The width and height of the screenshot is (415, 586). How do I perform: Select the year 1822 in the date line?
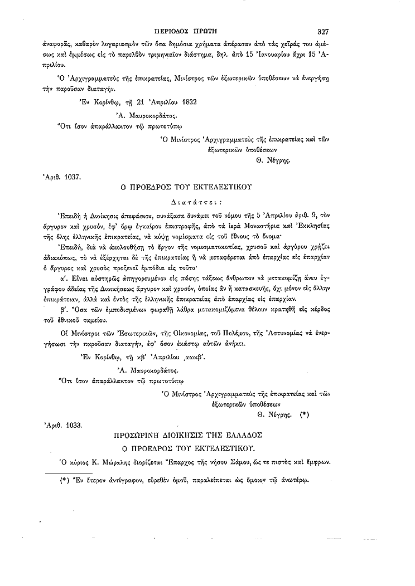tap(186, 101)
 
